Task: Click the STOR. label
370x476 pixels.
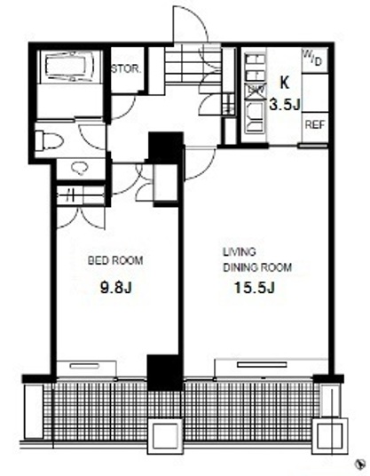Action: tap(126, 69)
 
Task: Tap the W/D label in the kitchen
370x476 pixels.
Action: tap(312, 59)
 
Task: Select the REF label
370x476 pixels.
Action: tap(315, 124)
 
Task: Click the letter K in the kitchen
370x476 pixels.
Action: tap(284, 83)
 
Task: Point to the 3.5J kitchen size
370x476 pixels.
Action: tap(285, 105)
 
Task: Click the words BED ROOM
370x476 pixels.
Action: tap(115, 260)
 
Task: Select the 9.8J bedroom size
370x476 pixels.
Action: tap(116, 287)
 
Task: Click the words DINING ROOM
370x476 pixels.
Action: tap(257, 267)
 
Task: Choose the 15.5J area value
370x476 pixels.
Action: tap(255, 288)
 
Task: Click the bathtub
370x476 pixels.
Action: tap(69, 67)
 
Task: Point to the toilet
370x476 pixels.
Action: tap(49, 140)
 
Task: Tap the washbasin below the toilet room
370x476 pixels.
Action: tap(80, 168)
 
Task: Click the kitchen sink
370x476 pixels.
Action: tap(255, 117)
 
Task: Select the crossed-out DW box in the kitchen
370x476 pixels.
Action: tap(255, 91)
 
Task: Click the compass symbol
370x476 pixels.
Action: tap(359, 464)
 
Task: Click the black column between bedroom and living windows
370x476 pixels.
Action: tap(165, 373)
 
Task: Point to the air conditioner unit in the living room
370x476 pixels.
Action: tap(262, 364)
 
